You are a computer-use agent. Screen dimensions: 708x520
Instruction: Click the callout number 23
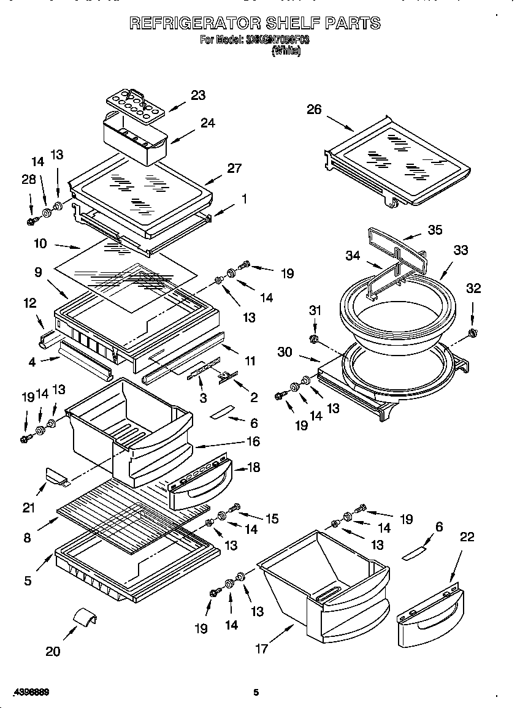[197, 95]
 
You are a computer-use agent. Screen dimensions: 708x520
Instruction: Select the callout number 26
[314, 109]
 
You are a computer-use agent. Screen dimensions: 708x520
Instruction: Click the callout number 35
[435, 230]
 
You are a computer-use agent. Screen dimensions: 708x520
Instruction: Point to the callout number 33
[460, 250]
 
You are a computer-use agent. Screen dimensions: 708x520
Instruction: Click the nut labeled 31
[313, 339]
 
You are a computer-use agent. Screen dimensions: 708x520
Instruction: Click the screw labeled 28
[31, 219]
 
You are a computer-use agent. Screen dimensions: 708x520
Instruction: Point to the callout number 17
[262, 649]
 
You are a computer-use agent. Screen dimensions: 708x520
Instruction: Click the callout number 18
[252, 468]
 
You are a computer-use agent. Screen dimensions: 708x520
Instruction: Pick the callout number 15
[272, 519]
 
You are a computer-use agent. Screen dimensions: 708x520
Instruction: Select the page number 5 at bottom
[256, 693]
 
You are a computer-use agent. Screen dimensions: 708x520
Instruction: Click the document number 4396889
[30, 692]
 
